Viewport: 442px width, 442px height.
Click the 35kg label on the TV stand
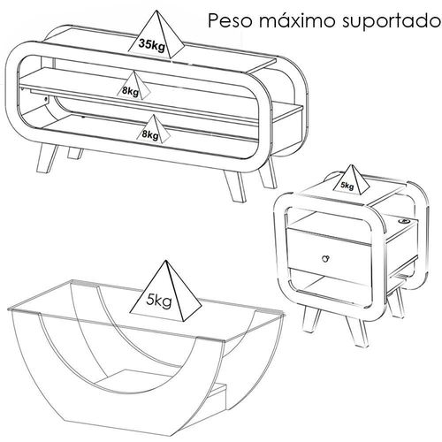tap(152, 45)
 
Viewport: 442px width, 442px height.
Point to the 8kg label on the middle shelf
tap(130, 91)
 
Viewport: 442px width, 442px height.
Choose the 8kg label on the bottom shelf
tap(150, 134)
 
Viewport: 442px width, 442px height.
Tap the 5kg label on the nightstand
tap(347, 186)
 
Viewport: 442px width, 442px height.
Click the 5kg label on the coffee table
tap(159, 301)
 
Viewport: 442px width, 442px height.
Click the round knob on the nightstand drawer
tap(324, 258)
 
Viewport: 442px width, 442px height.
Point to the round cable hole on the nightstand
tap(402, 220)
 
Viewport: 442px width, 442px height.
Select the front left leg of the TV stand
tap(47, 158)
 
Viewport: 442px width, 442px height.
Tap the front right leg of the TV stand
tap(235, 185)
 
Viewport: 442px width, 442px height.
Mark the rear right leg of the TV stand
tap(268, 173)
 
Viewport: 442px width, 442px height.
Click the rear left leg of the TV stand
tap(75, 153)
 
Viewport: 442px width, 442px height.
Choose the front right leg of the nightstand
tap(357, 330)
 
